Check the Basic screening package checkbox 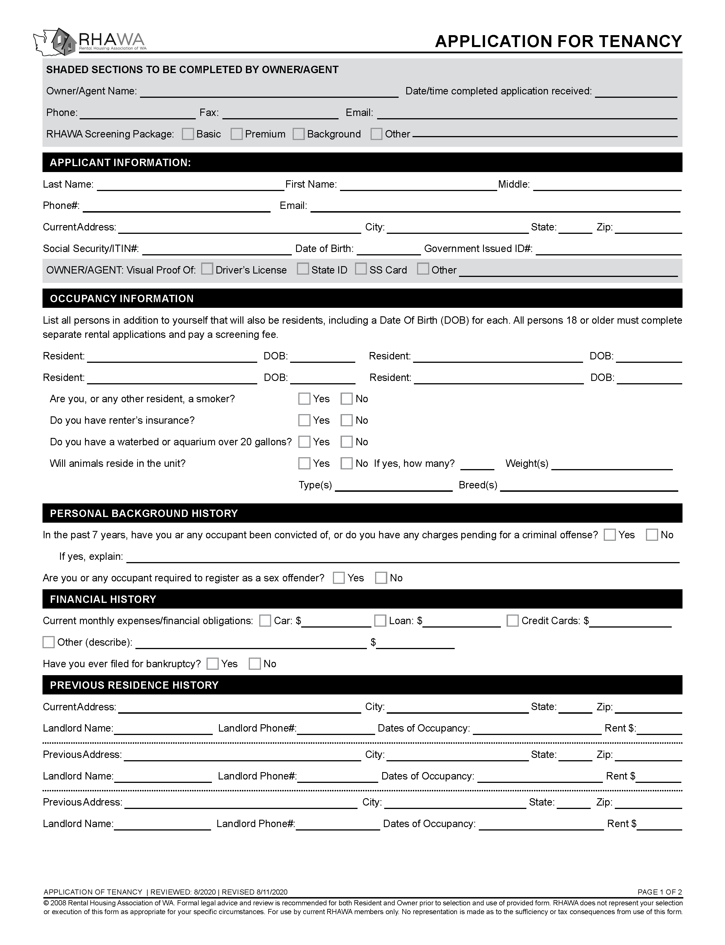[x=188, y=134]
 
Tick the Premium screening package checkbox [x=237, y=134]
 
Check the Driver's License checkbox [x=207, y=269]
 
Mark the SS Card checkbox [x=361, y=269]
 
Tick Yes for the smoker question [x=304, y=399]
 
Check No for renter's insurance [x=346, y=420]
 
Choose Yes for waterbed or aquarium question [x=304, y=442]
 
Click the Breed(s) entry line [x=589, y=486]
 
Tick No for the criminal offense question [x=652, y=535]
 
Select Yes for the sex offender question [x=339, y=578]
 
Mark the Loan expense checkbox [x=380, y=621]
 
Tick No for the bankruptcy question [x=255, y=664]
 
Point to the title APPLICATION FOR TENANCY [x=558, y=41]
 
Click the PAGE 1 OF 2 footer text [x=659, y=892]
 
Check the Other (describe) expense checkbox [x=49, y=642]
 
